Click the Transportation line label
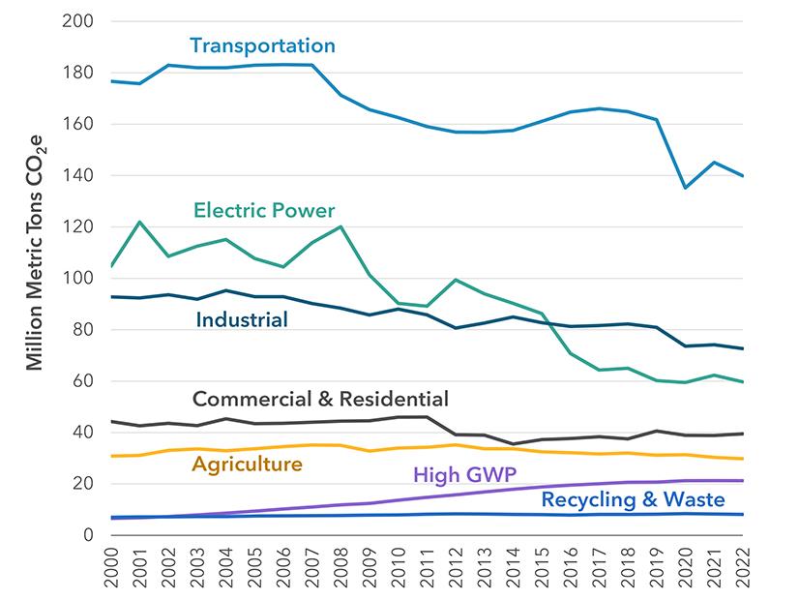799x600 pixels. click(x=262, y=45)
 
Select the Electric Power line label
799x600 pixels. click(x=264, y=210)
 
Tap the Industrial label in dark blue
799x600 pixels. click(x=242, y=319)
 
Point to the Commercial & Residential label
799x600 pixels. click(x=320, y=399)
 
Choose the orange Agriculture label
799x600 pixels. click(x=247, y=465)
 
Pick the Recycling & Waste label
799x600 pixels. click(x=634, y=500)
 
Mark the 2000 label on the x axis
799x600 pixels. click(x=112, y=571)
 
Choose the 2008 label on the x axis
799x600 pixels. click(x=340, y=571)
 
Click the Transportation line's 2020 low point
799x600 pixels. click(x=685, y=188)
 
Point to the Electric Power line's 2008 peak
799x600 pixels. click(x=340, y=226)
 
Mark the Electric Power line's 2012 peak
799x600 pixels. click(x=455, y=280)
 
